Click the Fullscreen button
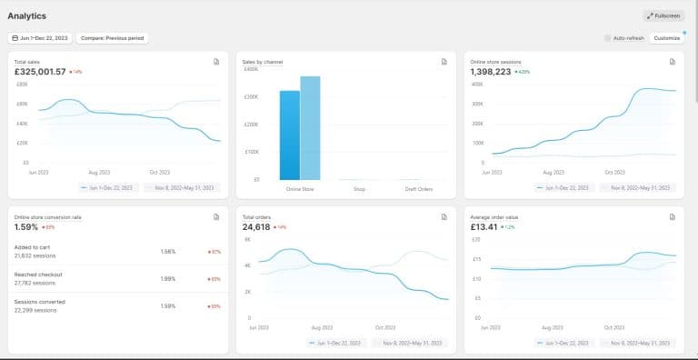pos(663,15)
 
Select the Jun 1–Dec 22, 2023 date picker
pos(39,38)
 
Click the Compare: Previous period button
pos(113,38)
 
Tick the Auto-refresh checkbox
pos(608,38)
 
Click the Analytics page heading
pos(27,15)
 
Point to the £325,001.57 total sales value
pos(40,71)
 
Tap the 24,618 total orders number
pos(257,226)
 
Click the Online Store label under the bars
pos(300,189)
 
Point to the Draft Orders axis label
pos(419,189)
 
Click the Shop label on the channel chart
pos(359,189)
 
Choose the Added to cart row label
pos(32,247)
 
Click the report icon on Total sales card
pos(216,62)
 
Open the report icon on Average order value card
pos(673,217)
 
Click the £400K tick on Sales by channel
pos(250,69)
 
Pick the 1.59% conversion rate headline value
pos(27,226)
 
